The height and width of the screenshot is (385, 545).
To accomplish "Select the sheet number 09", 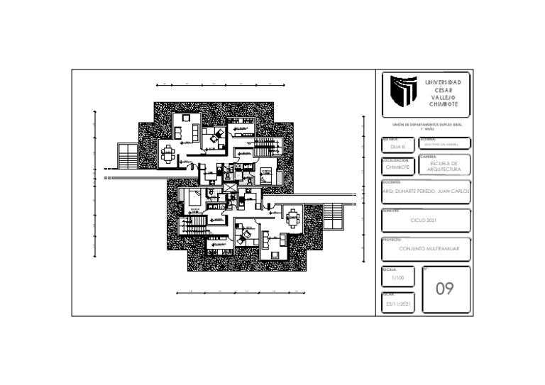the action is [444, 289].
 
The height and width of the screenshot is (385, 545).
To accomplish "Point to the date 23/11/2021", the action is [398, 303].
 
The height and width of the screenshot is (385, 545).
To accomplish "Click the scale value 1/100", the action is [397, 278].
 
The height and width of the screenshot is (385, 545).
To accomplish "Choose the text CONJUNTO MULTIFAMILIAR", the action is [429, 250].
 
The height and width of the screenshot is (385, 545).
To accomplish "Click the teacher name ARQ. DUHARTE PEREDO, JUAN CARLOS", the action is [426, 191].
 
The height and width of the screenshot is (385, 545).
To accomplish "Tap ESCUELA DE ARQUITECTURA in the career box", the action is [444, 167].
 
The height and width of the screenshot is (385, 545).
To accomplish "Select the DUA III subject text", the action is [397, 146].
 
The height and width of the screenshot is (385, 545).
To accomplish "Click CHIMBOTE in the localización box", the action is [397, 167].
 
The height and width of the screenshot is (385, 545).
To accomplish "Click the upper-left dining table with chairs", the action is [168, 153].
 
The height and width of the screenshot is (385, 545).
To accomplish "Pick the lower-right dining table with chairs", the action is [292, 218].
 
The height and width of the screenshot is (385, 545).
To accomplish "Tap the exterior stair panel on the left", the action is [128, 155].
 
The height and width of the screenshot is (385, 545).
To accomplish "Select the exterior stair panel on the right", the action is [333, 216].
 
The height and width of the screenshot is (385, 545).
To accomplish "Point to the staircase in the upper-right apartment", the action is [263, 147].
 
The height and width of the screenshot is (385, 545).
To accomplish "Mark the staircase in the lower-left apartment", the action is [197, 225].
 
